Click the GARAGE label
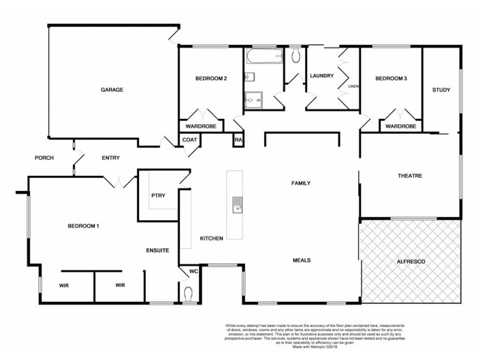[112, 89]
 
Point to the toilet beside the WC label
[189, 294]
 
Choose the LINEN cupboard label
[353, 86]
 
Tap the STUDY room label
[441, 90]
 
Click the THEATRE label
[410, 176]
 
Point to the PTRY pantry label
[158, 195]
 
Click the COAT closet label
[190, 140]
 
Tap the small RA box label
[238, 140]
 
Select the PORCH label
[44, 158]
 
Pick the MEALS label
[301, 260]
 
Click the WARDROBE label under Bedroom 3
[401, 127]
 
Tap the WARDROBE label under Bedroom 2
[200, 127]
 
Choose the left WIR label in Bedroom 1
[64, 285]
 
